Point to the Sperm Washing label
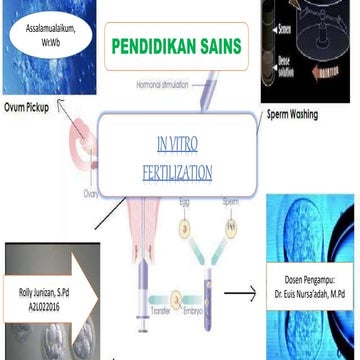click(292, 114)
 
